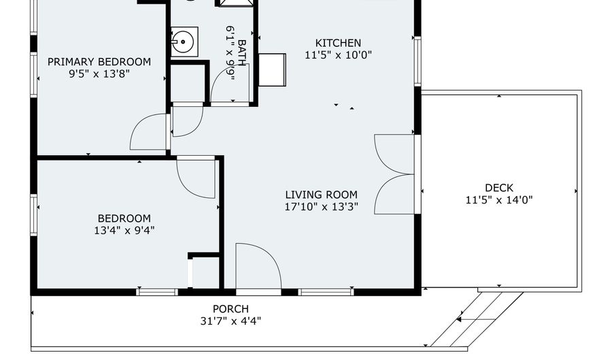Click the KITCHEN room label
coord(338,43)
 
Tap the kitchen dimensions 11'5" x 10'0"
coord(338,55)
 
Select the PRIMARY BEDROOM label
coord(99,62)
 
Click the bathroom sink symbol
coord(183,41)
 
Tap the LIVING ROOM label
coord(321,195)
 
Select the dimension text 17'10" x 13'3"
coord(321,207)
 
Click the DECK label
coord(498,188)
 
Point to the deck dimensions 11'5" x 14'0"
coord(498,200)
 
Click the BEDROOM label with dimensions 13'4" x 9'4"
coord(123,218)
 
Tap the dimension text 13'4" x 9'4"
coord(123,231)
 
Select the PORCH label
coord(231,309)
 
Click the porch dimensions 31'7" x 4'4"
coord(231,321)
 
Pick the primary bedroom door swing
coord(149,133)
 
